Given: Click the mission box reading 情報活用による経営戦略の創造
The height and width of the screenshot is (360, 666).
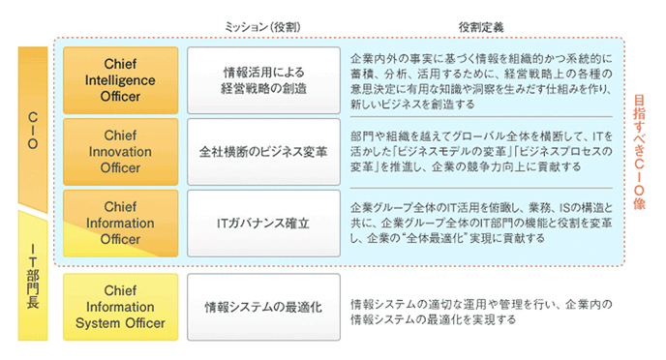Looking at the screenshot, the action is pyautogui.click(x=263, y=81).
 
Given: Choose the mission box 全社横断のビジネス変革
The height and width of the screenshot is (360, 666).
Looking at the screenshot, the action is pyautogui.click(x=263, y=152).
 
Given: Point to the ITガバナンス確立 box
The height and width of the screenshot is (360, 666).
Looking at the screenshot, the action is pyautogui.click(x=263, y=223).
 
